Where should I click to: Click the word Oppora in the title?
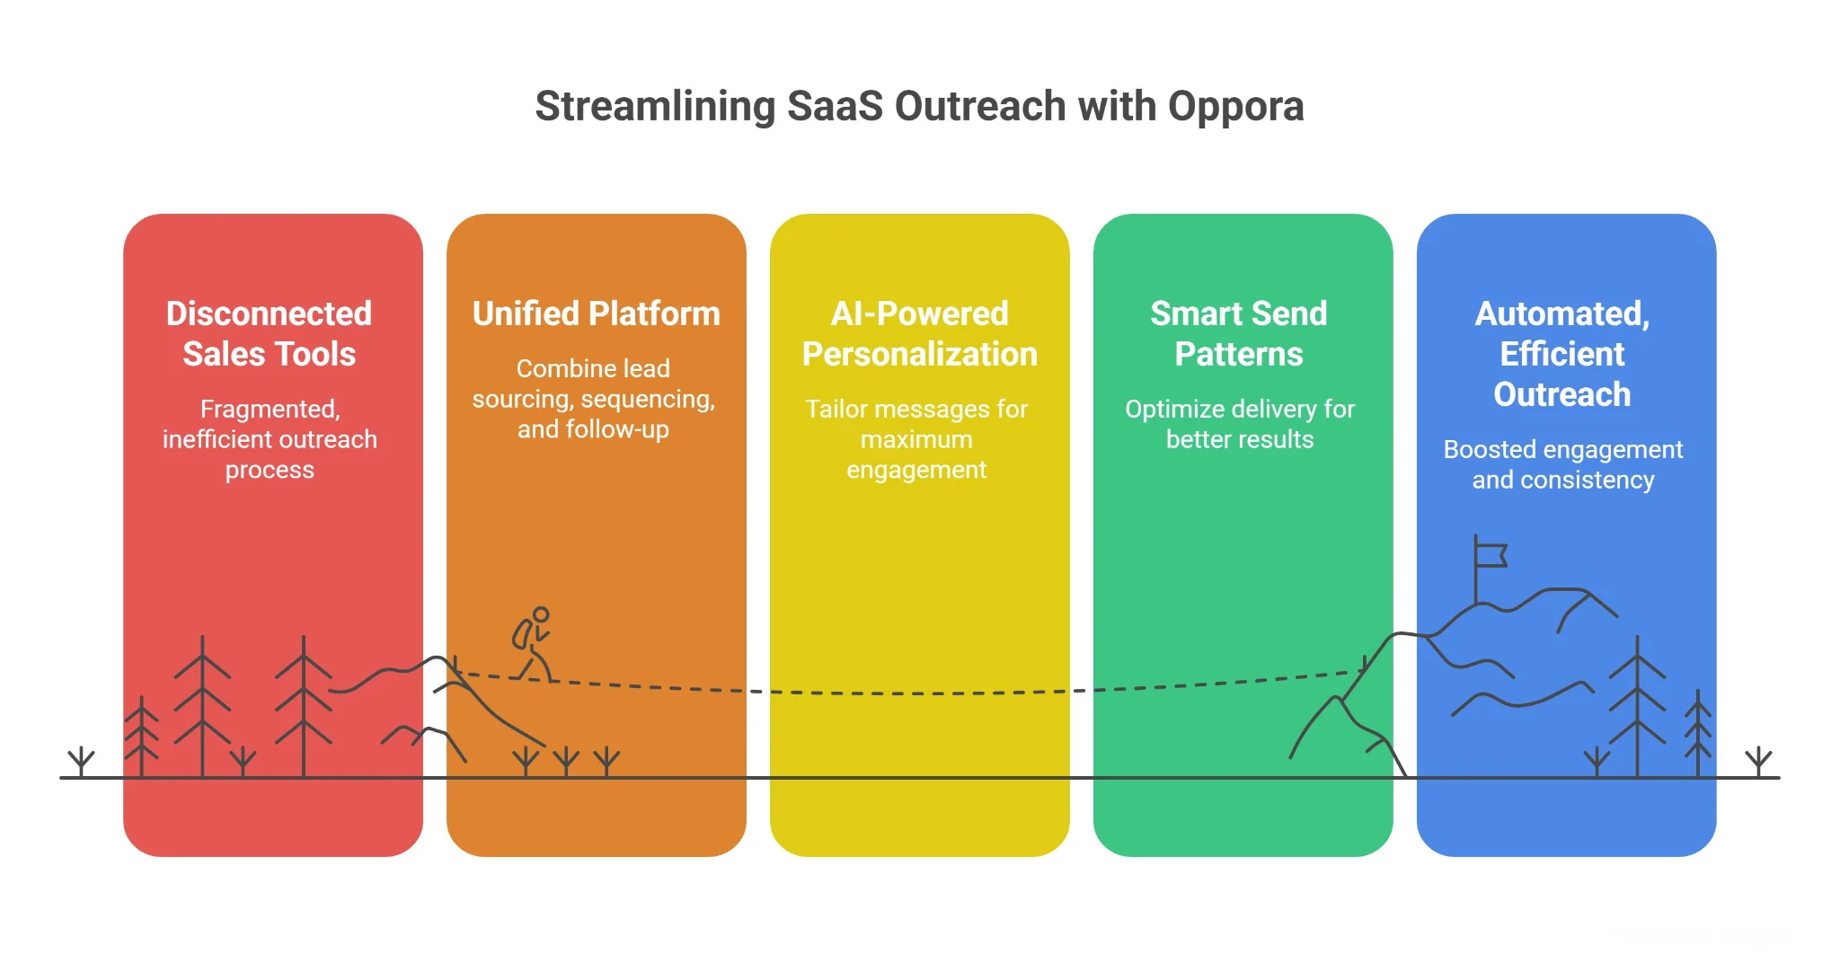(x=1235, y=107)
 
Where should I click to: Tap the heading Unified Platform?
(x=596, y=313)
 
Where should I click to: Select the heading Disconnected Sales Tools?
(x=269, y=333)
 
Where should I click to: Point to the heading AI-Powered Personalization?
(x=919, y=333)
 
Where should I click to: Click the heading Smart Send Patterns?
(x=1238, y=333)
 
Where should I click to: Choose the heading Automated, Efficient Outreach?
(x=1561, y=353)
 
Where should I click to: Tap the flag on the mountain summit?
(x=1490, y=555)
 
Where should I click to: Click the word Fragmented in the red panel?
(x=269, y=410)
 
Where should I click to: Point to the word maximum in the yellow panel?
(x=916, y=440)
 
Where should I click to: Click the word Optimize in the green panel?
(x=1175, y=410)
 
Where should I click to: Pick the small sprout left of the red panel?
(x=81, y=761)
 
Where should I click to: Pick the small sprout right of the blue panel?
(x=1758, y=762)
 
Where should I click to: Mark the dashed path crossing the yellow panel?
(x=916, y=693)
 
